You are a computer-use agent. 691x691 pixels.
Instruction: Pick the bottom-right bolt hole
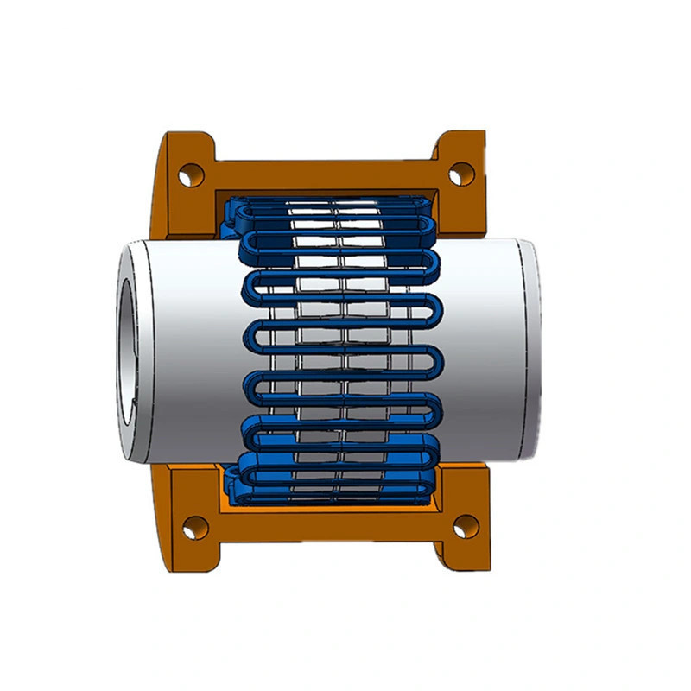[x=465, y=524]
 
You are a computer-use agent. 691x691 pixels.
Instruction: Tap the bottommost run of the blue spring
[x=333, y=496]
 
